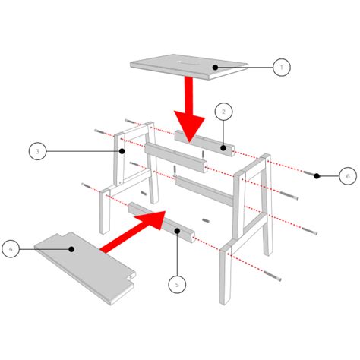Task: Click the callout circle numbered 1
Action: click(280, 67)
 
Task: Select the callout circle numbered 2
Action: click(223, 112)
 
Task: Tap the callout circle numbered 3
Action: click(36, 152)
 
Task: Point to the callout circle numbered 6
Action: click(346, 176)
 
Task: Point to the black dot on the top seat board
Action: click(215, 68)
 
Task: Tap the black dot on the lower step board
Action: click(71, 248)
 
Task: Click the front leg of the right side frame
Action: click(227, 277)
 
